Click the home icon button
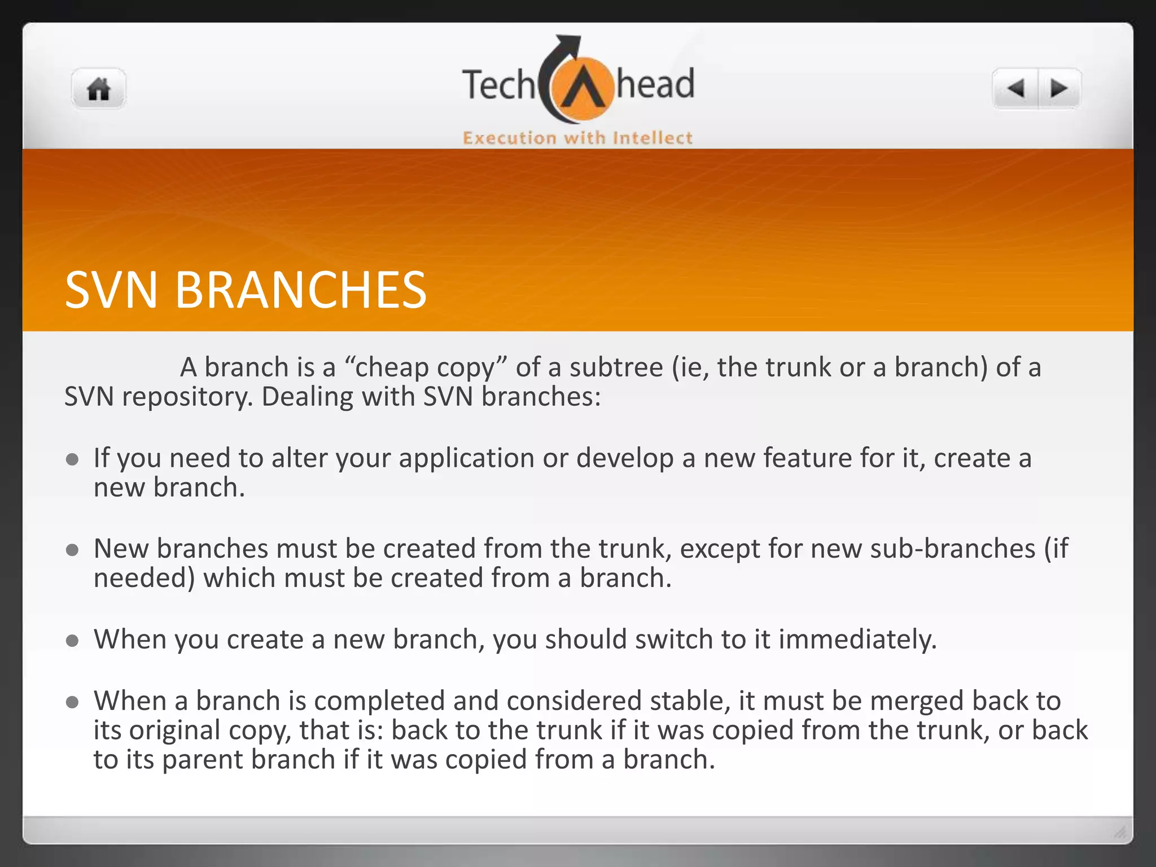coord(98,89)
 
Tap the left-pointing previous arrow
coord(1016,89)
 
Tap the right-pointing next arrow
coord(1059,89)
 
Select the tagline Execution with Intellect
coord(577,138)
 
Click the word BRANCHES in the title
coord(300,290)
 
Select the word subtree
coord(616,367)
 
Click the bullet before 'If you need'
coord(72,459)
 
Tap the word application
coord(466,458)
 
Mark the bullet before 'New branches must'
coord(72,550)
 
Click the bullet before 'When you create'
coord(72,641)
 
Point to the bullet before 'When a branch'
coord(72,702)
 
